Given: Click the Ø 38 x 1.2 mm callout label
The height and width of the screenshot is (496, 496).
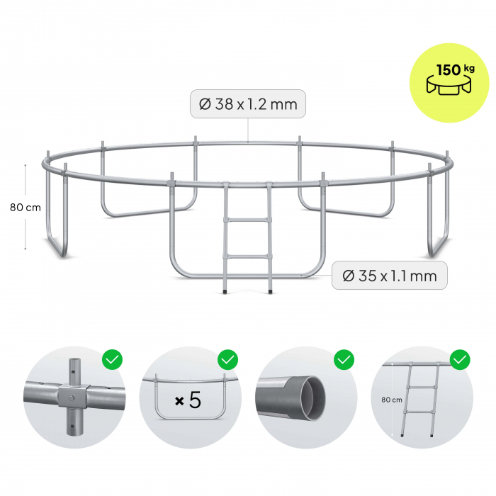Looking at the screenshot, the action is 248,104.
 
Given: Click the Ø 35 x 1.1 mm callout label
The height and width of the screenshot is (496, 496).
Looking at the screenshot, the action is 390,276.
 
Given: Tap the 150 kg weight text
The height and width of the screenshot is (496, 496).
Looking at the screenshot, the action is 455,69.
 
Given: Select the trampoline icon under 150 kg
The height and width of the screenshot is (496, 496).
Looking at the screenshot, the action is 449,86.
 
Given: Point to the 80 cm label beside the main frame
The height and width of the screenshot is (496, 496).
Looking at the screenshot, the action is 26,208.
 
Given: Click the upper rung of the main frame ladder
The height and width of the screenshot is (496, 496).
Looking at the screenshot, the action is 248,220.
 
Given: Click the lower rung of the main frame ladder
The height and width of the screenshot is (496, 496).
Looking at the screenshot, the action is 248,257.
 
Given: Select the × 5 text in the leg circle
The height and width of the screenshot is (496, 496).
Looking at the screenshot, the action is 188,400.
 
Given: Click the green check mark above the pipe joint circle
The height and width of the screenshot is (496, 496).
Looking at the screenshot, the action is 112,360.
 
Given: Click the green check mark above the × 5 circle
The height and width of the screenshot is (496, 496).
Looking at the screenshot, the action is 227,360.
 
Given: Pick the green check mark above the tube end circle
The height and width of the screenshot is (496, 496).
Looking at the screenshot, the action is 344,360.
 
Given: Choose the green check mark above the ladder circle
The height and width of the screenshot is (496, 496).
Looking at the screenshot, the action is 460,360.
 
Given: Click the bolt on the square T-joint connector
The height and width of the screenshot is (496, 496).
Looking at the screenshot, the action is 72,398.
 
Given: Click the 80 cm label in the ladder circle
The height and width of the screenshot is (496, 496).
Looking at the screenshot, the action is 392,400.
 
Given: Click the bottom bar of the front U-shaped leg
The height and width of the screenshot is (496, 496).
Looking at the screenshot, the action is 248,276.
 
